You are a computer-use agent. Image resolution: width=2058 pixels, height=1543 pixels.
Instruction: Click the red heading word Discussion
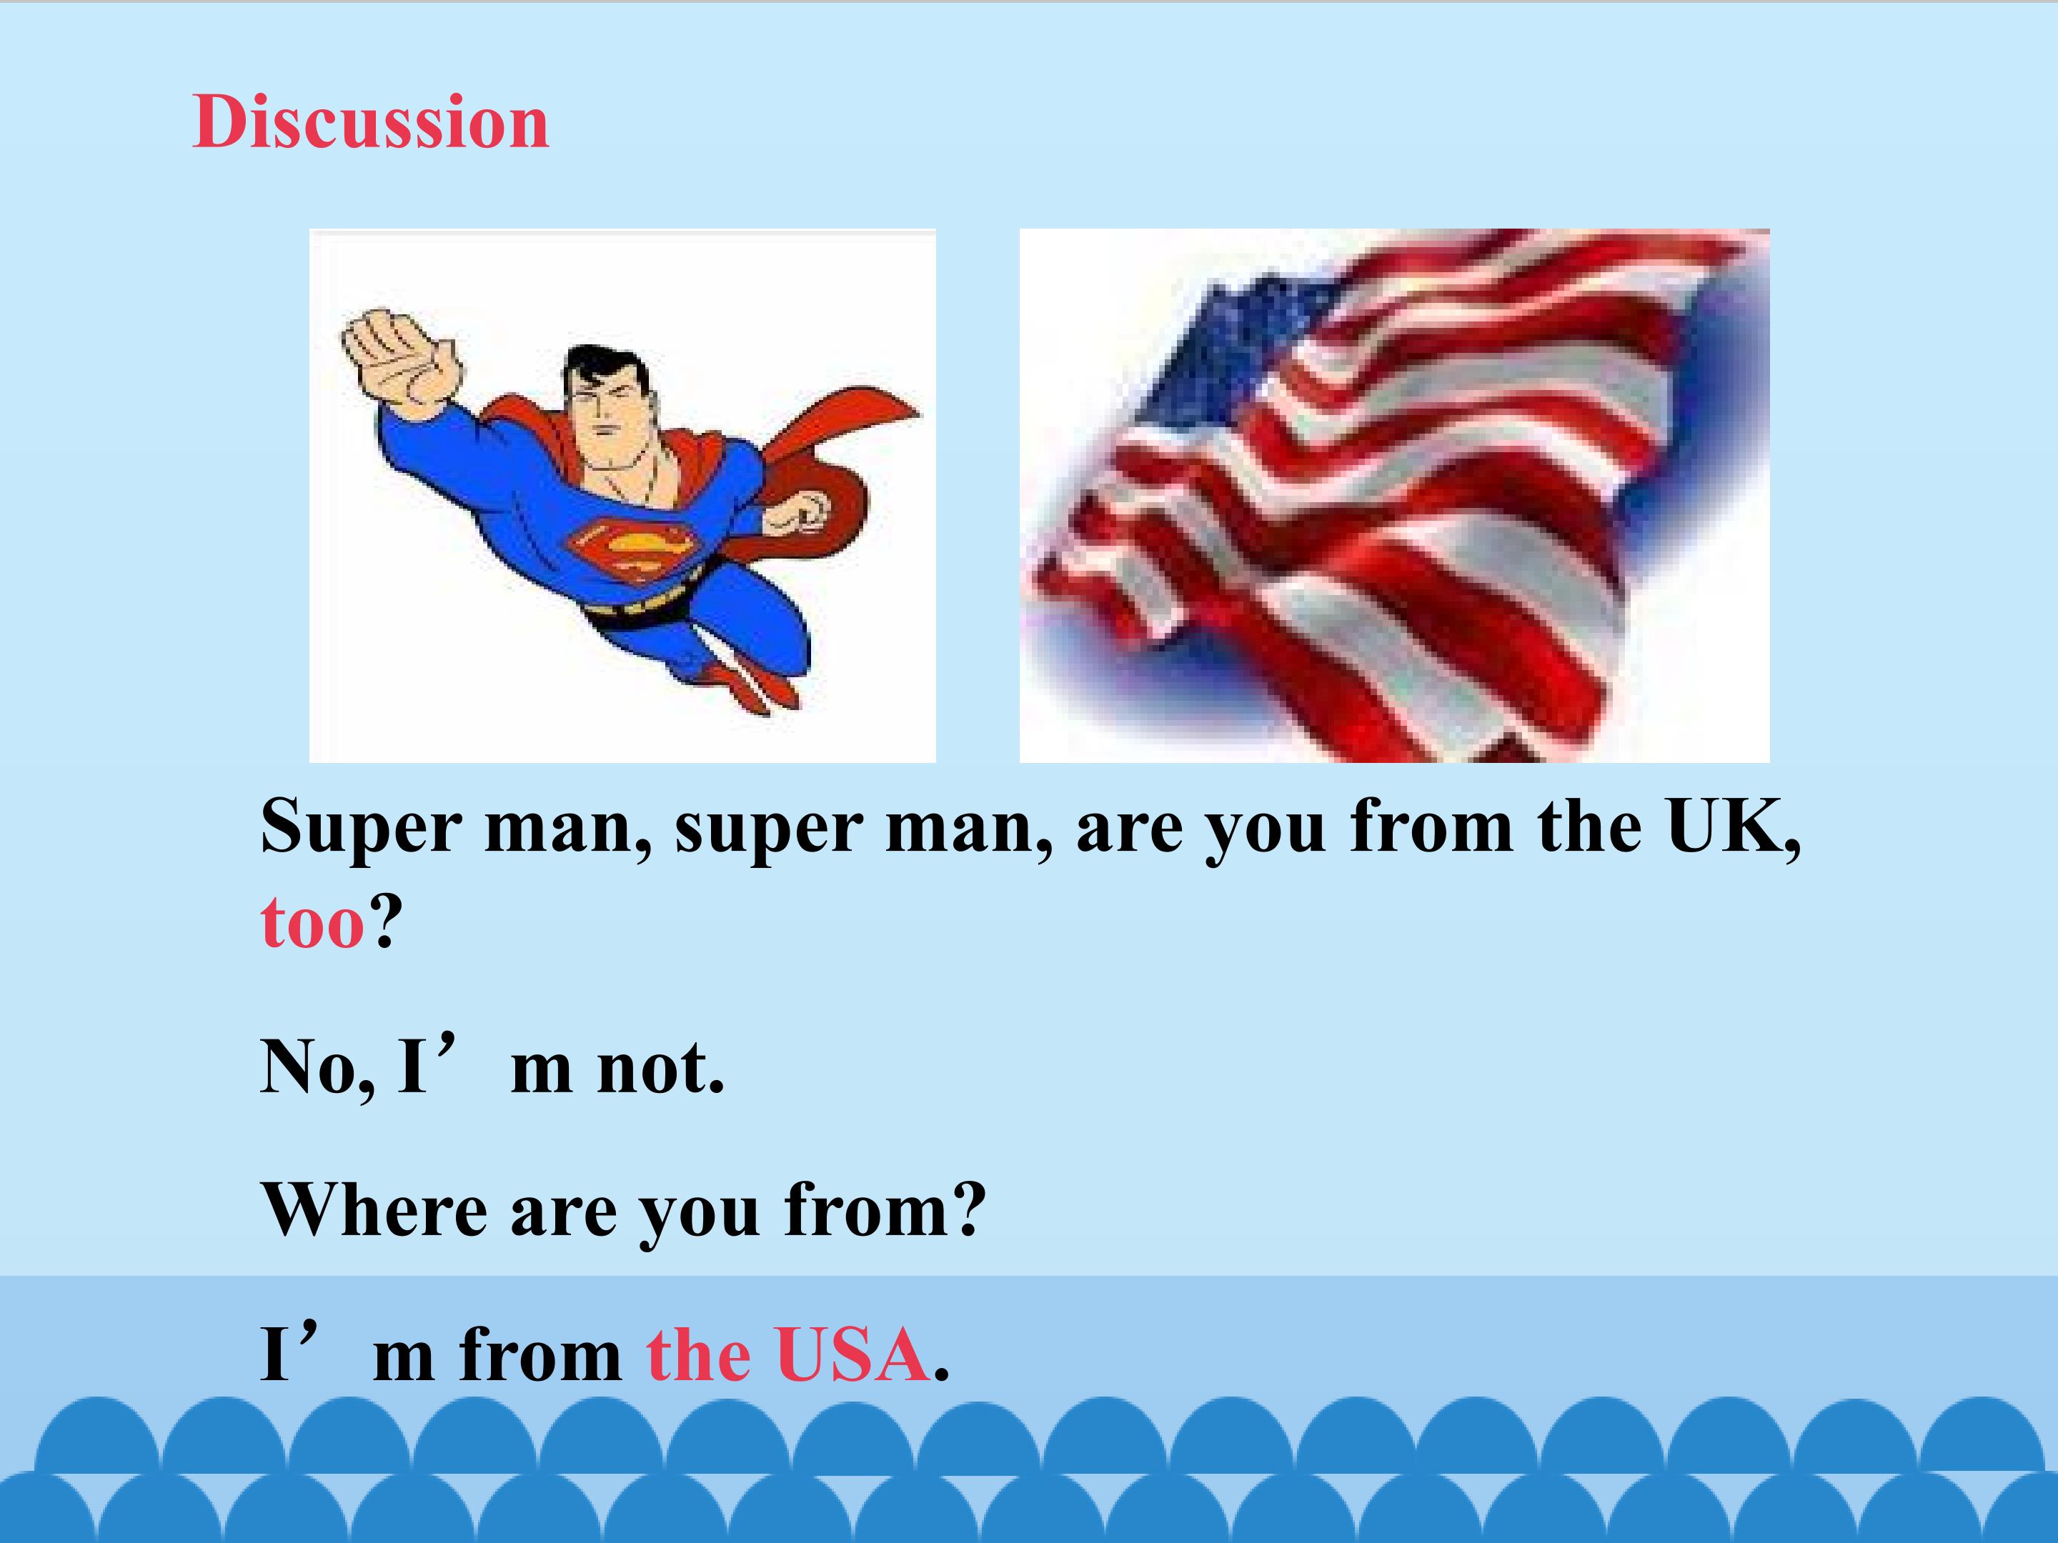[370, 123]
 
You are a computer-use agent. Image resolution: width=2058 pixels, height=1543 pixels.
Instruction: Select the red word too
[312, 923]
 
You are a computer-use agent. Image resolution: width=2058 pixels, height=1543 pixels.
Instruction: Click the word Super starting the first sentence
[360, 828]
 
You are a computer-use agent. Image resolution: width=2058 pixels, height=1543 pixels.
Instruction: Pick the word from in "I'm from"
[540, 1355]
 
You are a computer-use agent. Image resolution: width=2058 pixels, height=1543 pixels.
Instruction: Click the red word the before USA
[697, 1355]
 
